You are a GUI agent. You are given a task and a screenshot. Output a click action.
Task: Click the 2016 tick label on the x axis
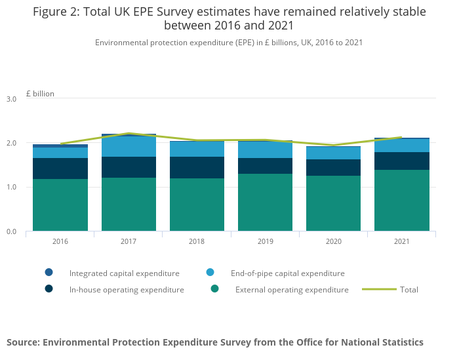click(60, 241)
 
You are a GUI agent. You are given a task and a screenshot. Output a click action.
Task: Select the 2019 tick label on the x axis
click(265, 241)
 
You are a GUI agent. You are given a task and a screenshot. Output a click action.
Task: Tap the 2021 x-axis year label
click(402, 241)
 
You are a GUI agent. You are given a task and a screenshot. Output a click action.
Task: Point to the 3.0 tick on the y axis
click(11, 99)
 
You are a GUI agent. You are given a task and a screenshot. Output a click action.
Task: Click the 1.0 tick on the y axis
click(11, 188)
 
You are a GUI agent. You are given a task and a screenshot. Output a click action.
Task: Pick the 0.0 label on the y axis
click(11, 231)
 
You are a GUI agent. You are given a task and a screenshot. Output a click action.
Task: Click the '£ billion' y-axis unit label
click(40, 94)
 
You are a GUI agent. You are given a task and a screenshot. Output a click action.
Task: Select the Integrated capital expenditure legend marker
click(49, 272)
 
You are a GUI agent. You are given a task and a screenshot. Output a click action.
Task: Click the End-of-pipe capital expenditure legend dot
click(210, 272)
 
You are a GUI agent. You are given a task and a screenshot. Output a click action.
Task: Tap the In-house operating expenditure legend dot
click(49, 289)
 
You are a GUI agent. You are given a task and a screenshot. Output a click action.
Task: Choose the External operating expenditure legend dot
click(214, 289)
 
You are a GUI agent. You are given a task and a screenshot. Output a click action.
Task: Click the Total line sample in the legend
click(379, 289)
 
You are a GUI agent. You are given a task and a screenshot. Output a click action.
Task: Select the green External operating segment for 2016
click(60, 205)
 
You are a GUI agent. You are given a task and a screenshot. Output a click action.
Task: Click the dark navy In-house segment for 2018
click(197, 167)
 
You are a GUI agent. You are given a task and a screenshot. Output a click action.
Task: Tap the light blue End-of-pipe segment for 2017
click(129, 146)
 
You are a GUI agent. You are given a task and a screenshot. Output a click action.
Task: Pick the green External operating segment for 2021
click(402, 200)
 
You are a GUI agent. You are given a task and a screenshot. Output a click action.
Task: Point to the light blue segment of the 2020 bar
click(333, 153)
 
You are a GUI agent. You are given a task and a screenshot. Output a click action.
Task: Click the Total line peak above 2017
click(129, 133)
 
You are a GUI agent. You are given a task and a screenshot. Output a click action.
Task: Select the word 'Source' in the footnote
click(24, 342)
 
